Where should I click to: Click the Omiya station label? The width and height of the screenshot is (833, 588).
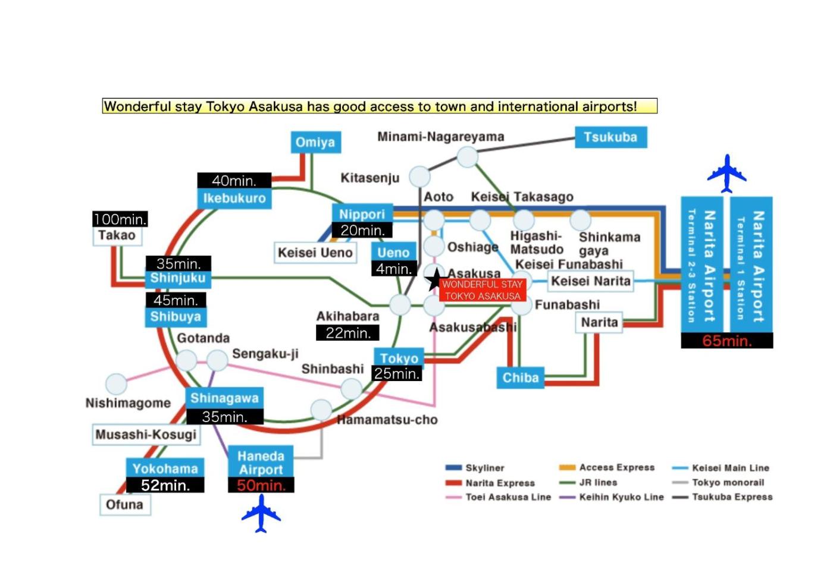click(x=315, y=143)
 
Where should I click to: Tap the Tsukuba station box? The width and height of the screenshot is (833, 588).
click(x=610, y=137)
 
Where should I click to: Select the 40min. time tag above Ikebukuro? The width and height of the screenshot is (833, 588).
click(x=234, y=181)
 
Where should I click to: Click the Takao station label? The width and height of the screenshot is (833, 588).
click(x=117, y=235)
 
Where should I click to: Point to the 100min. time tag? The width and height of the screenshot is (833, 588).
click(x=120, y=219)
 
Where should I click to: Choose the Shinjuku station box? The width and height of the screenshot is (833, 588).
click(x=177, y=278)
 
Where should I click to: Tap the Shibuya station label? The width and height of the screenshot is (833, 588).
click(x=176, y=316)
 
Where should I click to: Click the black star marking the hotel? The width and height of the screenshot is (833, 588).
click(x=434, y=278)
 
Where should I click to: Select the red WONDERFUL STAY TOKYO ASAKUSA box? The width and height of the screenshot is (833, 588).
click(x=483, y=290)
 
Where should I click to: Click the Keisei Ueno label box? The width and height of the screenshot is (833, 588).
click(x=315, y=253)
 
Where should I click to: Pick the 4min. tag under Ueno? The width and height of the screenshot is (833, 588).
click(x=393, y=269)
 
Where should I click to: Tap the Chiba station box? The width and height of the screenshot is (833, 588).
click(x=520, y=378)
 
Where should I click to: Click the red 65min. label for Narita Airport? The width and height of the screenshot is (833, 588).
click(x=726, y=341)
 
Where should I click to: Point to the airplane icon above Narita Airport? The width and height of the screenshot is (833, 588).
click(x=726, y=173)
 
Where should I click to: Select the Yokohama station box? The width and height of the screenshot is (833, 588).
click(x=165, y=468)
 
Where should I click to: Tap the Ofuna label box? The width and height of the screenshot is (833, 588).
click(x=124, y=505)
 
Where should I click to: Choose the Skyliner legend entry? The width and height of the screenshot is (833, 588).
click(x=477, y=468)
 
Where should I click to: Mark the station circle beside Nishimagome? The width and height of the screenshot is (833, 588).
click(x=116, y=384)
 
